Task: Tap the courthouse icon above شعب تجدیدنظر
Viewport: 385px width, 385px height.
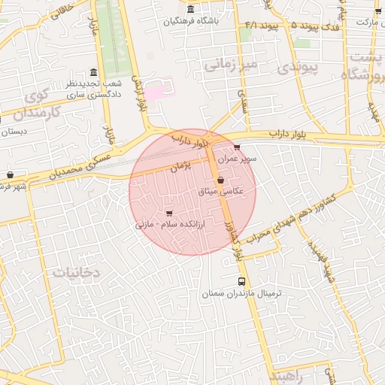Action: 93,72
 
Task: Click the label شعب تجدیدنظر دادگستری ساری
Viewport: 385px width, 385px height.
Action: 93,89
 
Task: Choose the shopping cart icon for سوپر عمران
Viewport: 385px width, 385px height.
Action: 238,147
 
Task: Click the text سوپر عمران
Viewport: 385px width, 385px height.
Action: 238,159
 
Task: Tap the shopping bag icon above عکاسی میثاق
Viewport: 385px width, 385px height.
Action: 220,180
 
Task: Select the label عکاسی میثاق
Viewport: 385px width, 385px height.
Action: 221,192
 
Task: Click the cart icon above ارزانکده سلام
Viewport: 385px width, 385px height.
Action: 168,213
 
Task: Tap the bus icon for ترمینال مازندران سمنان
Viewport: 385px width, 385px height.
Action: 241,281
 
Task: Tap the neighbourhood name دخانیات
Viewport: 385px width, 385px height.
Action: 75,271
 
